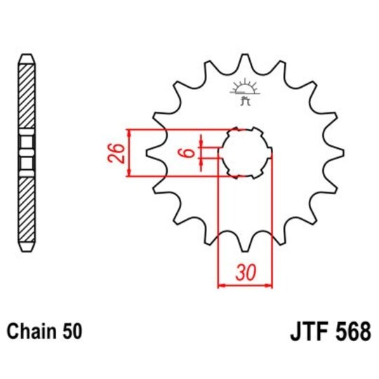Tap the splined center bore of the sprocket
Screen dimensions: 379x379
[x=246, y=152]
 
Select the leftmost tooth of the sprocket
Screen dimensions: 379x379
[x=150, y=152]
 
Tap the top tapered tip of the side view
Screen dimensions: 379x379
[x=26, y=55]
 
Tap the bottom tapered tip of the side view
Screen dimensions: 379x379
[x=26, y=246]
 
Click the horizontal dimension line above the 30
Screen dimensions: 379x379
[x=245, y=285]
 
